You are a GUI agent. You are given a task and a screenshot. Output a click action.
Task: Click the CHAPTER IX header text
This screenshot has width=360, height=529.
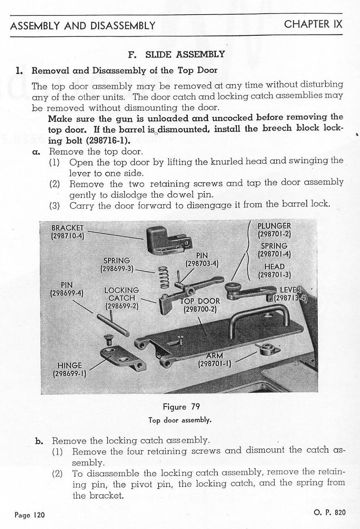(x=313, y=24)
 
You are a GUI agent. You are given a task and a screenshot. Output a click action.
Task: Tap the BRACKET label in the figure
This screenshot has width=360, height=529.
(x=67, y=228)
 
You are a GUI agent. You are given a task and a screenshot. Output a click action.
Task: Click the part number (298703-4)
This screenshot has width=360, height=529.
(x=202, y=263)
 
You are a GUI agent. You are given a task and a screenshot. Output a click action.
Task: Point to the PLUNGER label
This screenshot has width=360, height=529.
(x=274, y=226)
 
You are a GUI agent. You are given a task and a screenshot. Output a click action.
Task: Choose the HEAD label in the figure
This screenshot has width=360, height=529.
(x=274, y=267)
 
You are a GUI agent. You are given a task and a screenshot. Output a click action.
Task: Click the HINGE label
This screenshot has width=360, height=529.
(x=69, y=365)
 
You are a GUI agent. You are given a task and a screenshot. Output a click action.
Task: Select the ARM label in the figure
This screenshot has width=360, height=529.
(x=214, y=356)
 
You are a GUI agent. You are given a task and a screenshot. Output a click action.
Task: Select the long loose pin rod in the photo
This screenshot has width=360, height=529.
(x=113, y=324)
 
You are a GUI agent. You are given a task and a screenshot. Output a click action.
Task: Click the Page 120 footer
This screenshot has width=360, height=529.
(x=30, y=515)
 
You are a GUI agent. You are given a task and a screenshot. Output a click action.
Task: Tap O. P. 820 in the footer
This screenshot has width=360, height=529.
(x=330, y=512)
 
